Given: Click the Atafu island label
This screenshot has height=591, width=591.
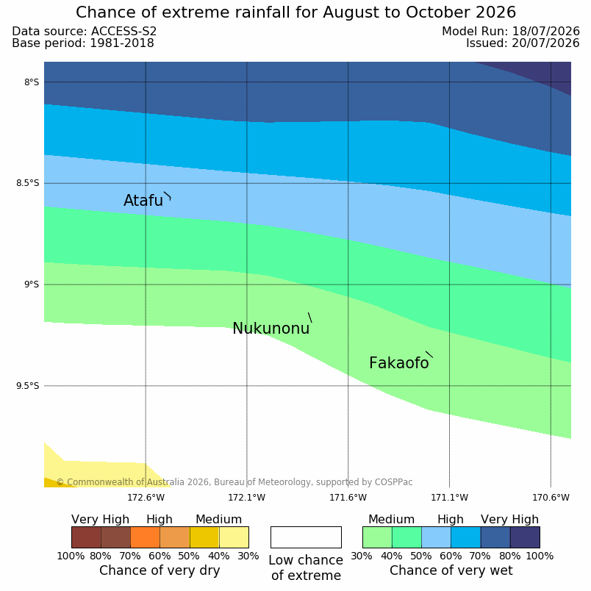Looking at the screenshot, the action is pos(143,201).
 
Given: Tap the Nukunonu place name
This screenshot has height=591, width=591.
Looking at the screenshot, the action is pos(271,329).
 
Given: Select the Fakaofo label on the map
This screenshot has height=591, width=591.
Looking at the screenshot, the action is pos(398,363).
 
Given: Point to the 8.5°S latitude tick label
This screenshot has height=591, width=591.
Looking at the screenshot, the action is pos(27,183).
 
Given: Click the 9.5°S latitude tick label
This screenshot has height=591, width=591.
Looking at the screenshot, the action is pos(27,386).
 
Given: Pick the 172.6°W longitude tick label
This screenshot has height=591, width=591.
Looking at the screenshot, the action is pos(146,498).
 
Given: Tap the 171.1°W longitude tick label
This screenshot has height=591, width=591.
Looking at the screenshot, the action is pos(449,498).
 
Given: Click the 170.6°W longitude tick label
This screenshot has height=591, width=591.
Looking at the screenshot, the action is pos(551,498).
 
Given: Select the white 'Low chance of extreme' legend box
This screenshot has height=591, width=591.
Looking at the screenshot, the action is pos(306,537).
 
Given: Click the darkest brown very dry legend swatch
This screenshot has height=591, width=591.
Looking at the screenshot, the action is pos(86,537).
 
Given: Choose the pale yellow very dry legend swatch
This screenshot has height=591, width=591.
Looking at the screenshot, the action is pos(234,537).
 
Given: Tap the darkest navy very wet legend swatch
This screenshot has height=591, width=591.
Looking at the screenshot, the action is pos(525,537).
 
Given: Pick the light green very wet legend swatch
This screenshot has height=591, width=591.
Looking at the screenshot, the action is pos(377,537).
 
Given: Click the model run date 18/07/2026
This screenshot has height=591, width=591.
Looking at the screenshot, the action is pos(545,32).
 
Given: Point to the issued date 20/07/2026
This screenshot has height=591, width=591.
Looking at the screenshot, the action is pos(545,43).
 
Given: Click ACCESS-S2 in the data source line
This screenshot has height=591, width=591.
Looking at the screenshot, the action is pos(123,32).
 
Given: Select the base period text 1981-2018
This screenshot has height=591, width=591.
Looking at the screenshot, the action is pos(122,43).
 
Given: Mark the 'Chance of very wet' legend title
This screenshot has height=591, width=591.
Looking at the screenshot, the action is pos(451,570).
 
